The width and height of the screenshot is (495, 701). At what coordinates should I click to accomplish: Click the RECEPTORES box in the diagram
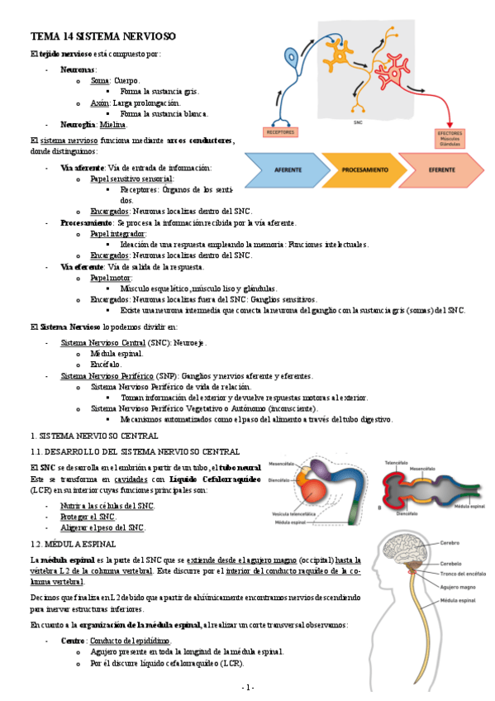click(x=280, y=131)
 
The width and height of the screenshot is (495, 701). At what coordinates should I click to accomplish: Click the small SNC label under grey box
click(x=358, y=122)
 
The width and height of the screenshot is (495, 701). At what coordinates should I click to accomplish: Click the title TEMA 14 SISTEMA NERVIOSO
click(x=103, y=37)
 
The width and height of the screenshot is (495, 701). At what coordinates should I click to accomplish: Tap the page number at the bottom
click(x=247, y=688)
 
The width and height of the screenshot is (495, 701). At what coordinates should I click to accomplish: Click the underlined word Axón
click(x=100, y=103)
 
